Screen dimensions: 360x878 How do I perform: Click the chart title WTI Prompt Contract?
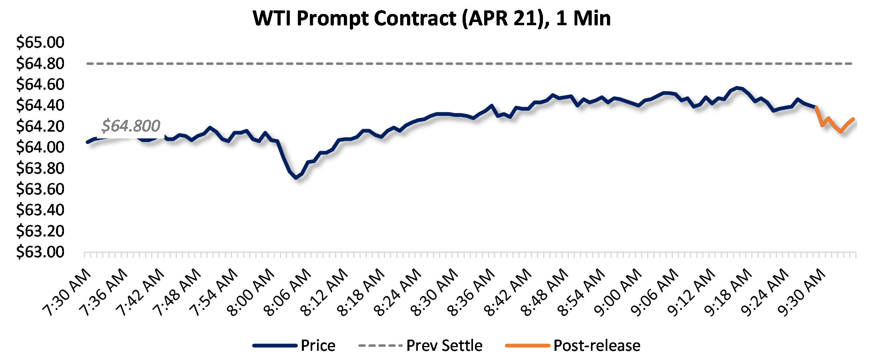[432, 18]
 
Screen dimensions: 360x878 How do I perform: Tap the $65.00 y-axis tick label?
[40, 42]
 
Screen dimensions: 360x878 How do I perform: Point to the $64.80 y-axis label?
[40, 63]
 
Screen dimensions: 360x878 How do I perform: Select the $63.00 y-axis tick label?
[40, 252]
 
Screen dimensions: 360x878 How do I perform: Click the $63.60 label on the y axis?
[40, 189]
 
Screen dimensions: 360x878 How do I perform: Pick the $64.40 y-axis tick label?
[40, 105]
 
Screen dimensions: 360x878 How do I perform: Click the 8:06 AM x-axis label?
[288, 293]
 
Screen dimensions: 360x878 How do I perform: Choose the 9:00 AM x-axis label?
[618, 293]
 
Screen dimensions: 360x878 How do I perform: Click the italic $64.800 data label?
[131, 126]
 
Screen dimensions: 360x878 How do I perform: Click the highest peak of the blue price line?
[737, 88]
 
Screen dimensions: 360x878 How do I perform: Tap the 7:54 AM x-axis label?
[214, 293]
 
